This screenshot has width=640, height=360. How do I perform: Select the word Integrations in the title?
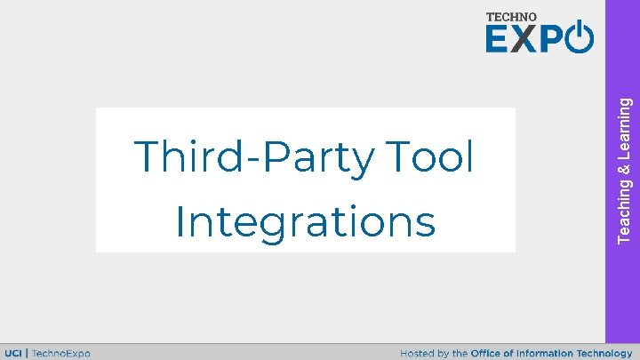click(x=306, y=222)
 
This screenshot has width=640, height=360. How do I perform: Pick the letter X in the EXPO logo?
click(x=525, y=39)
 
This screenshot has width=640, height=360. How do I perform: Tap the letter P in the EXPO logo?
click(x=551, y=39)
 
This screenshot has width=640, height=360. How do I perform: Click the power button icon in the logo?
click(x=580, y=37)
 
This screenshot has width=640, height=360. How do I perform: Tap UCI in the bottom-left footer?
click(x=15, y=353)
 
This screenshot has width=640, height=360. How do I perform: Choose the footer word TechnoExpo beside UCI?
click(x=60, y=353)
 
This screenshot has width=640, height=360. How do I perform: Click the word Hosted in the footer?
click(x=417, y=353)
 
